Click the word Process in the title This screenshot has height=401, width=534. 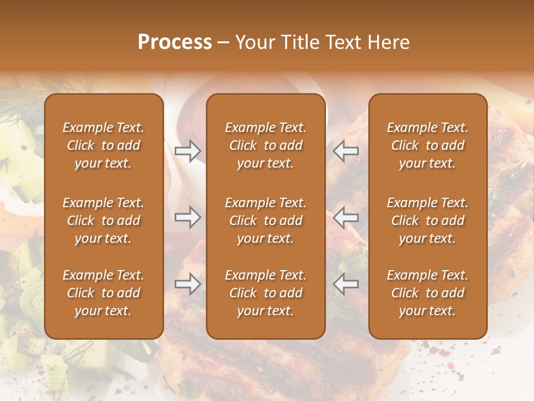click(175, 42)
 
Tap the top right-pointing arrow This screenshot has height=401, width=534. click(188, 150)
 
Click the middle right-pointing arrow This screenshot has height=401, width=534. click(188, 217)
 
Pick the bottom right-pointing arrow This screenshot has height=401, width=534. click(188, 284)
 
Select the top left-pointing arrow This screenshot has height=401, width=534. click(346, 150)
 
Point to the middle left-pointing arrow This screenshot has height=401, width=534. click(346, 217)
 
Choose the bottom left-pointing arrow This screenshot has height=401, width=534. click(346, 284)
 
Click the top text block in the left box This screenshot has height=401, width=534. click(103, 145)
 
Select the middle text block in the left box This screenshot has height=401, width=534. click(103, 221)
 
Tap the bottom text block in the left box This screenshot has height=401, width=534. click(103, 293)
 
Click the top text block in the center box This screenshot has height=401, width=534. click(266, 145)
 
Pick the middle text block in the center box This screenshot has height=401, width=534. click(266, 221)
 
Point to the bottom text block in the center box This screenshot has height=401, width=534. click(266, 293)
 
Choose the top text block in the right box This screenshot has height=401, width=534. click(428, 145)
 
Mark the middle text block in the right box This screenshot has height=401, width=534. click(428, 221)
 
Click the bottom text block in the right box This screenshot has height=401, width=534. click(428, 293)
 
